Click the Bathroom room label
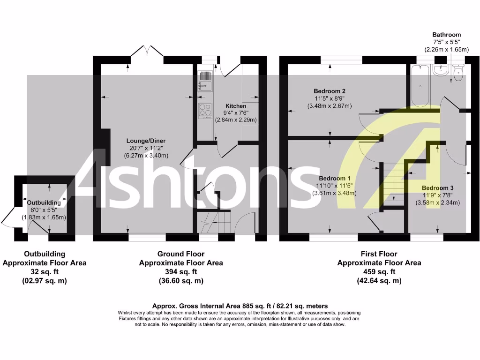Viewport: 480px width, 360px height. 446,35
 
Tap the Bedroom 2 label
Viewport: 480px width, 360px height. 330,91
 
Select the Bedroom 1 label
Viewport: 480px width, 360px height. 334,178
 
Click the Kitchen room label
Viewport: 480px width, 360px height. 236,105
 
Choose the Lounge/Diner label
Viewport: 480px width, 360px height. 146,141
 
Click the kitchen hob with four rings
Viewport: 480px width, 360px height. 205,110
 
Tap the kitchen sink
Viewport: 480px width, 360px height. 205,81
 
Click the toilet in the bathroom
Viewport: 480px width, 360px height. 459,73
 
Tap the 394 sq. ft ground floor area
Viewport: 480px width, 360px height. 180,272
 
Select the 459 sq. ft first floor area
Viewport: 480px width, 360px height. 379,272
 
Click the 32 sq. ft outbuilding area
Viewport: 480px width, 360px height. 45,272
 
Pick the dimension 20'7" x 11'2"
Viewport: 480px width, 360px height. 146,148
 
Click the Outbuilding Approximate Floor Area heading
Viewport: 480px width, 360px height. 45,258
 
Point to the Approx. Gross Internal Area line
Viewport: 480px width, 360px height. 240,306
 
